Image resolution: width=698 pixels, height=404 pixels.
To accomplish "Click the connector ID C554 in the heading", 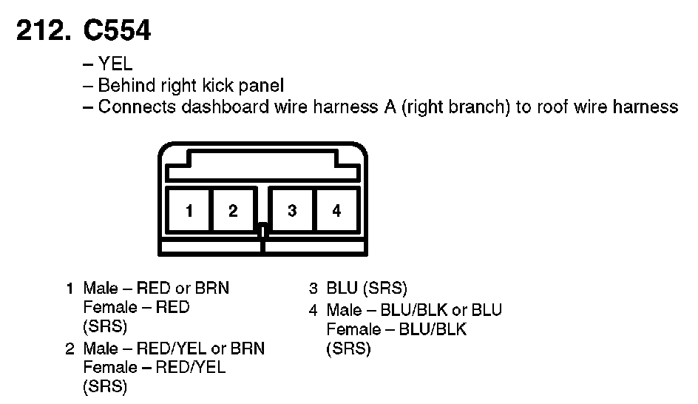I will point(118,31).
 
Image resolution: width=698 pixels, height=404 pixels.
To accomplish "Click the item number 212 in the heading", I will point(44,31).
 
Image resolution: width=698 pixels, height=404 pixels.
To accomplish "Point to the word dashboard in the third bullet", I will point(226,107).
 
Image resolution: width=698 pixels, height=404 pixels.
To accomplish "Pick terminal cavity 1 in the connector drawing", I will point(189,211).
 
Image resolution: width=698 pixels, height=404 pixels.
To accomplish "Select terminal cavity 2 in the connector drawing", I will point(233,211).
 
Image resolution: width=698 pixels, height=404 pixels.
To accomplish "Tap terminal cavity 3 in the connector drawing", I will point(293,211).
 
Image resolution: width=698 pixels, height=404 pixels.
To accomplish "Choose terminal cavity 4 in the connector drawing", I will point(336,211).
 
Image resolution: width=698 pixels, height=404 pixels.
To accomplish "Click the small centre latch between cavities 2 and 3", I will point(262,230).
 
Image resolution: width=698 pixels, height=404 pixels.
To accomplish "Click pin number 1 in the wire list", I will point(71,289).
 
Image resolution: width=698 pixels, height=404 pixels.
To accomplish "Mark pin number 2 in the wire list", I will point(71,349).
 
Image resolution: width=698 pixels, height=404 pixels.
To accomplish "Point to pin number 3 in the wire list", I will point(314,289).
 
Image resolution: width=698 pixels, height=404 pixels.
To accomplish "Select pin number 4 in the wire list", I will point(314,309).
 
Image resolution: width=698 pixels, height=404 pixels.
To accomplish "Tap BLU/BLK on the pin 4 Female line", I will point(433,329).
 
